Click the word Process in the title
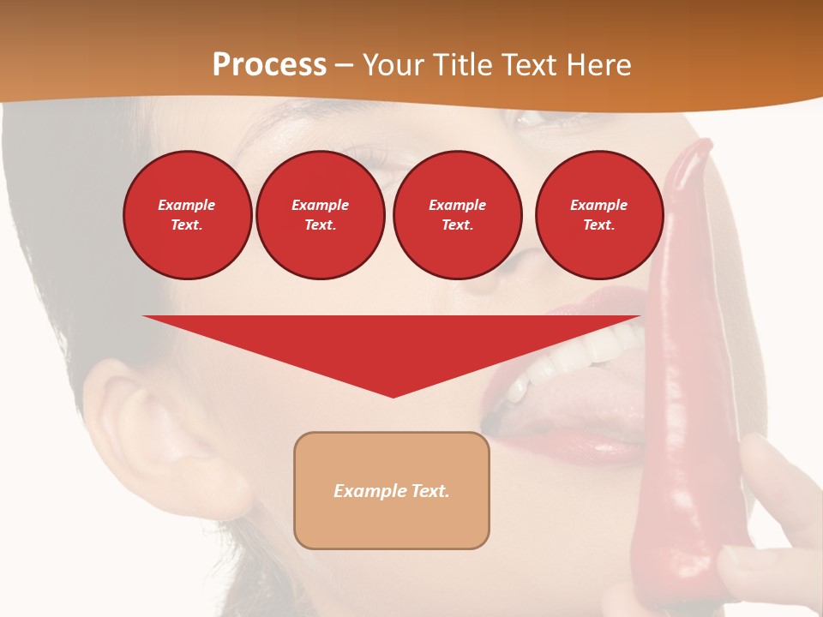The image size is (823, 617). pyautogui.click(x=269, y=65)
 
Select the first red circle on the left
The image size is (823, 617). pyautogui.click(x=187, y=215)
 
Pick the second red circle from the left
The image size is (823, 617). pyautogui.click(x=320, y=215)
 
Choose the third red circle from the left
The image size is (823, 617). pyautogui.click(x=457, y=215)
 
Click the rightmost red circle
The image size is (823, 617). pyautogui.click(x=598, y=215)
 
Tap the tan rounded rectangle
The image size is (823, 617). pyautogui.click(x=392, y=490)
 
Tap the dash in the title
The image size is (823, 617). pyautogui.click(x=345, y=66)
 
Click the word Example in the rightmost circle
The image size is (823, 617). pyautogui.click(x=598, y=205)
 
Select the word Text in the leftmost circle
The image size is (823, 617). pyautogui.click(x=187, y=225)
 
